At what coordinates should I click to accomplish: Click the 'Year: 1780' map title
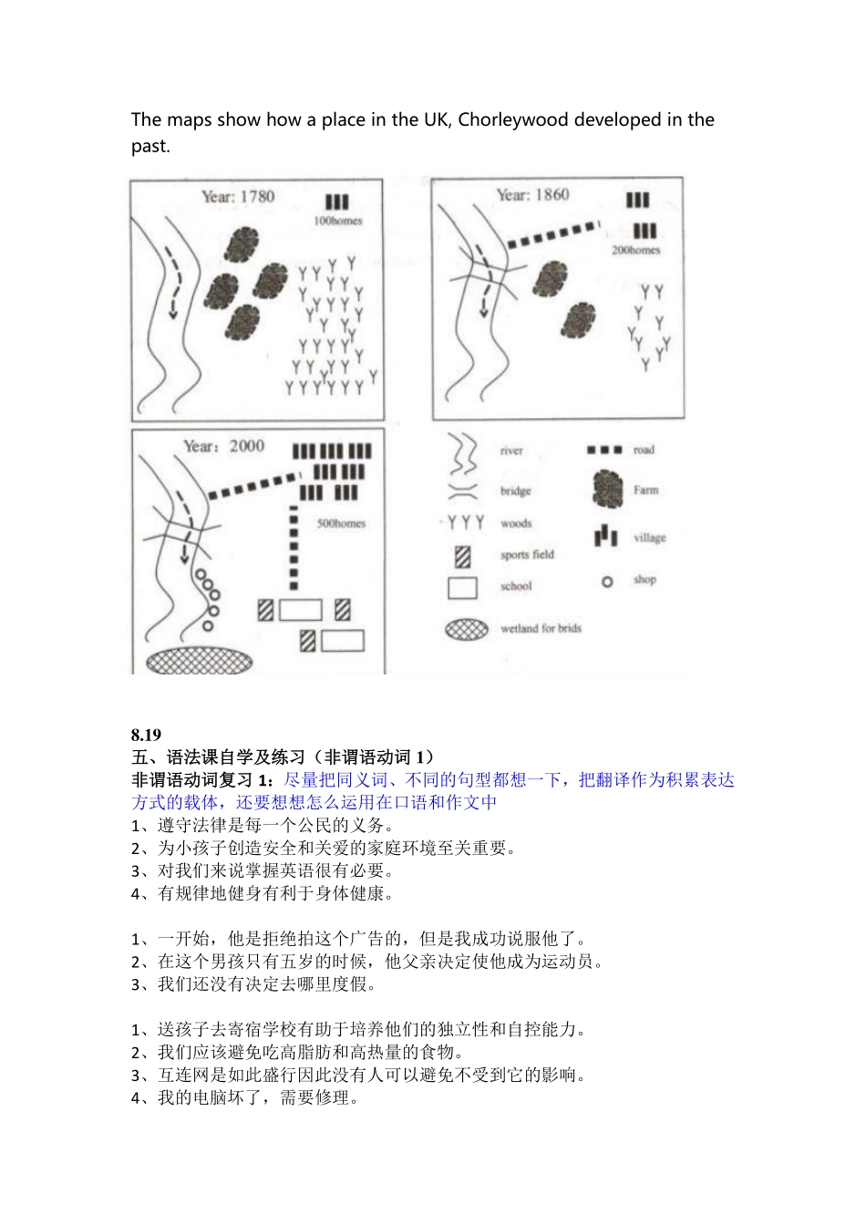[x=238, y=196]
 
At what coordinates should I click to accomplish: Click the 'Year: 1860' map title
[x=533, y=194]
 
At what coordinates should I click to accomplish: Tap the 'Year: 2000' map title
[x=224, y=446]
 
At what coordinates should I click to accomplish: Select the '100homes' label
[x=337, y=221]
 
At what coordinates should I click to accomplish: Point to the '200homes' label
[x=635, y=250]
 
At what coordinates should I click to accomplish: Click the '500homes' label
[x=341, y=523]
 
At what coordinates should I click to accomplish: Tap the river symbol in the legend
[x=463, y=452]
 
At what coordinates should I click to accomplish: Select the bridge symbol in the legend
[x=463, y=491]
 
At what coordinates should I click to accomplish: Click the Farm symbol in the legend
[x=606, y=489]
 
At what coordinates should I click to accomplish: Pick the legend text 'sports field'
[x=527, y=554]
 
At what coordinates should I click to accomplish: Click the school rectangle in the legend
[x=462, y=587]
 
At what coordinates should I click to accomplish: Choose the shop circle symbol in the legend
[x=607, y=581]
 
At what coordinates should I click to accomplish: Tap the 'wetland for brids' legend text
[x=541, y=628]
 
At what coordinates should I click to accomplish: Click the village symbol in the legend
[x=606, y=536]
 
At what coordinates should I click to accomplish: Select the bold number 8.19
[x=146, y=735]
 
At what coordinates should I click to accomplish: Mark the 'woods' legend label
[x=516, y=523]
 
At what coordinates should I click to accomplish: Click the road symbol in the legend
[x=604, y=449]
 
